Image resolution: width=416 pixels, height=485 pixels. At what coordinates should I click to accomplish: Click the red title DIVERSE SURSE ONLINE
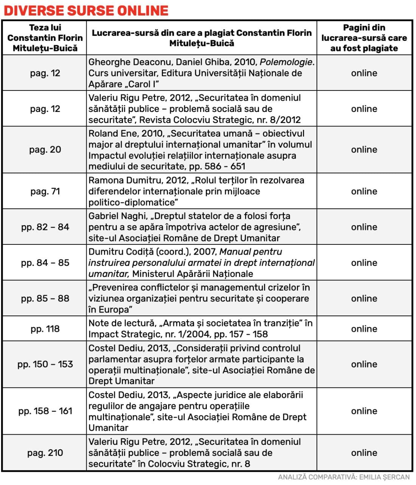pos(86,10)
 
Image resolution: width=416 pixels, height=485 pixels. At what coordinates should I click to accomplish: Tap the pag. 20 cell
pos(45,149)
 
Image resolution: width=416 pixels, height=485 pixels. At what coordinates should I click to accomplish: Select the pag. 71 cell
pos(45,191)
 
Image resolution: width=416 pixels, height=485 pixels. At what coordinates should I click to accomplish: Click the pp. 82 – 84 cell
pos(45,227)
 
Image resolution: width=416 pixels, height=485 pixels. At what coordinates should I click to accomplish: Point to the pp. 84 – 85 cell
pos(45,263)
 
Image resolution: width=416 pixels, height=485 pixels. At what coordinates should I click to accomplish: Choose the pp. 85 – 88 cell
pos(45,298)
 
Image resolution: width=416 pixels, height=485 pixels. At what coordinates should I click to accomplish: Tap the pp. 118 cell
pos(45,329)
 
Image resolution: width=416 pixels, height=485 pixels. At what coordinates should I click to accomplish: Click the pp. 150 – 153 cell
pos(45,364)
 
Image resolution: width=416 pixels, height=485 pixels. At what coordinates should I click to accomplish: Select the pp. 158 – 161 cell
pos(45,411)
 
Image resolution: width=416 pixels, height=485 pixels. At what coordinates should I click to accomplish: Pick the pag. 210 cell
pos(45,452)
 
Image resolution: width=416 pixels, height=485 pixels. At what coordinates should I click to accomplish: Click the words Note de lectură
pos(122,323)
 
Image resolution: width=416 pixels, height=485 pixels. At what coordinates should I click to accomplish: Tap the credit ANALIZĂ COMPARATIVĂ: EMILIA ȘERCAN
pos(344,477)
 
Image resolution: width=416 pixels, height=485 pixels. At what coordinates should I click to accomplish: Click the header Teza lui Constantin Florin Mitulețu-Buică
pos(45,38)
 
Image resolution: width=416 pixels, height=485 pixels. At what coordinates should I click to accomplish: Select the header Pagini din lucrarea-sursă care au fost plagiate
pos(364,38)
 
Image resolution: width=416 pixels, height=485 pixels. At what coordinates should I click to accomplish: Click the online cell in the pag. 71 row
pos(364,191)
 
